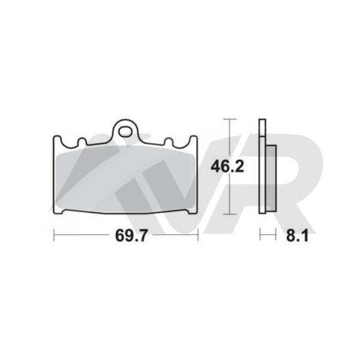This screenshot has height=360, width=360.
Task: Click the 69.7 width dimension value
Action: pos(130,235)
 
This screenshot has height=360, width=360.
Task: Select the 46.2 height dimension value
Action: pos(228,167)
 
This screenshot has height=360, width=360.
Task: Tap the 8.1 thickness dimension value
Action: pos(297,235)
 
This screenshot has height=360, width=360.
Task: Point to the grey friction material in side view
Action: pos(271,178)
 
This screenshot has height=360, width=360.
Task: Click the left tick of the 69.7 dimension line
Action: pos(54,235)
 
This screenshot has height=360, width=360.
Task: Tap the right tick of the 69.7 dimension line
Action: pos(197,235)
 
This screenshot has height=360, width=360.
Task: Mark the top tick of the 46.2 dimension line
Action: pos(230,119)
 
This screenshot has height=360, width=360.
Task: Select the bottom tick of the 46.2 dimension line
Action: pos(230,214)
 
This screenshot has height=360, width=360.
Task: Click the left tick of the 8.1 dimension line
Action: pos(260,234)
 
